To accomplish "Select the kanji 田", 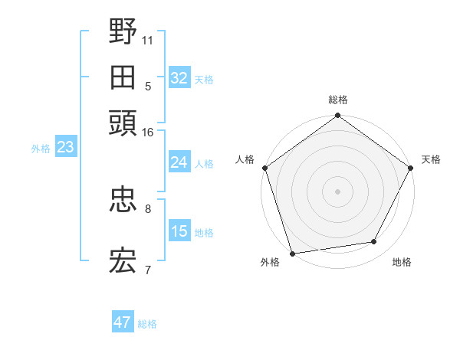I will click(123, 78).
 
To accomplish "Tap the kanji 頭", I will click(123, 124).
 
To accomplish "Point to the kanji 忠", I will click(123, 201).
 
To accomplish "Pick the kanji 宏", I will click(123, 261).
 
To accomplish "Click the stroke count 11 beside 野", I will click(148, 38).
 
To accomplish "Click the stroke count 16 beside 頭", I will click(148, 132).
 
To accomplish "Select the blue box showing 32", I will click(179, 78).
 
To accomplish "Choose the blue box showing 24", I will click(179, 162).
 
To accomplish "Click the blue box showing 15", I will click(179, 231).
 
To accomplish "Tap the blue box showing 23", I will click(65, 147).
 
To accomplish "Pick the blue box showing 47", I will click(123, 322).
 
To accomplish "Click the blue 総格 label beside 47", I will click(147, 324).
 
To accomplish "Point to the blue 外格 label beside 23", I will click(41, 149).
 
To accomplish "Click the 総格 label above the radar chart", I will click(337, 100).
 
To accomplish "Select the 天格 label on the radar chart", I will click(431, 159).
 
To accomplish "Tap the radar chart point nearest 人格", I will click(265, 168).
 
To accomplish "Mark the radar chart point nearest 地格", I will click(374, 242).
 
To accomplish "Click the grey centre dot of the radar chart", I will click(337, 191).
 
